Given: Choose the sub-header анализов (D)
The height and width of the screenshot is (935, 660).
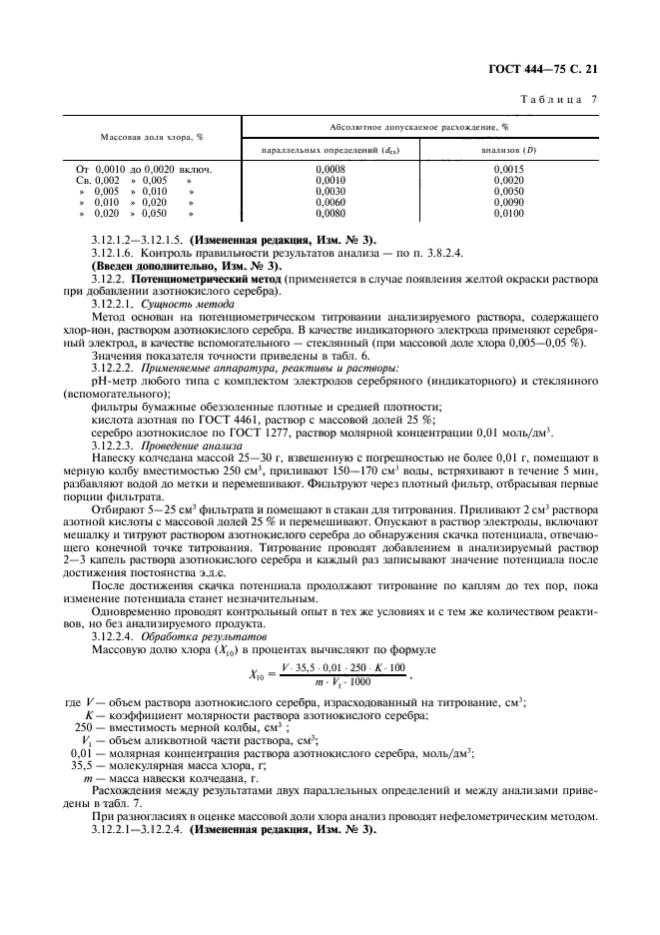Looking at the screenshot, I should pos(508,149).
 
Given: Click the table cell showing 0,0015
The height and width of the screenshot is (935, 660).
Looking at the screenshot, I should pos(508,169).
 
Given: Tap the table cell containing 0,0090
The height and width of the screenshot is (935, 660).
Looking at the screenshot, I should pos(508,202).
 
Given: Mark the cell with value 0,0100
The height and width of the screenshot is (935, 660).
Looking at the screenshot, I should pos(508,213).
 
